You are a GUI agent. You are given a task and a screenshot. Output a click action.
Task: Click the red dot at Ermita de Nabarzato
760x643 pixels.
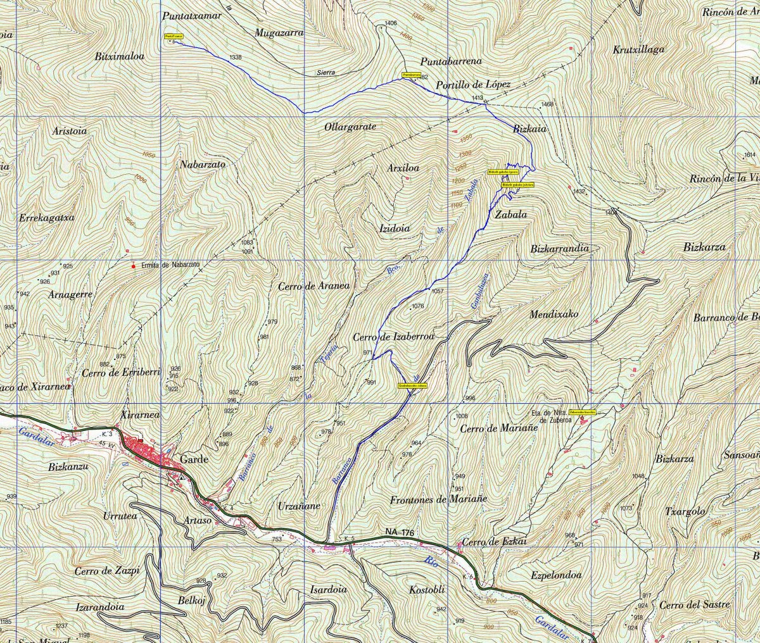[x=133, y=266]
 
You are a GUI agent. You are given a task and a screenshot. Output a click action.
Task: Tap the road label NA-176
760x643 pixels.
[x=399, y=534]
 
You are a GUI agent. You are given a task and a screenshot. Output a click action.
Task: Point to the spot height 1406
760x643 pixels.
[x=391, y=23]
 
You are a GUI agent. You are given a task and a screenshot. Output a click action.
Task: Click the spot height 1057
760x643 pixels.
[x=438, y=291]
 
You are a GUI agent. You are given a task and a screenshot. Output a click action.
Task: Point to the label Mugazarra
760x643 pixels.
[x=279, y=33]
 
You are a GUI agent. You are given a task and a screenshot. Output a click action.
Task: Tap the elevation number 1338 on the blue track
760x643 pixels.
[x=236, y=58]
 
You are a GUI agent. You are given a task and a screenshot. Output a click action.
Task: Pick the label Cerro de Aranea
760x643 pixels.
[x=313, y=286]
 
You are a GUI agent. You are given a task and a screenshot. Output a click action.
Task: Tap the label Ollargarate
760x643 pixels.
[x=350, y=127]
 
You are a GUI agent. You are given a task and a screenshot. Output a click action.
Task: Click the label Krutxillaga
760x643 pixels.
[x=639, y=49]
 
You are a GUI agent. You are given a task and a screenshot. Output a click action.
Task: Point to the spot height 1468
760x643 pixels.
[x=547, y=104]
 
